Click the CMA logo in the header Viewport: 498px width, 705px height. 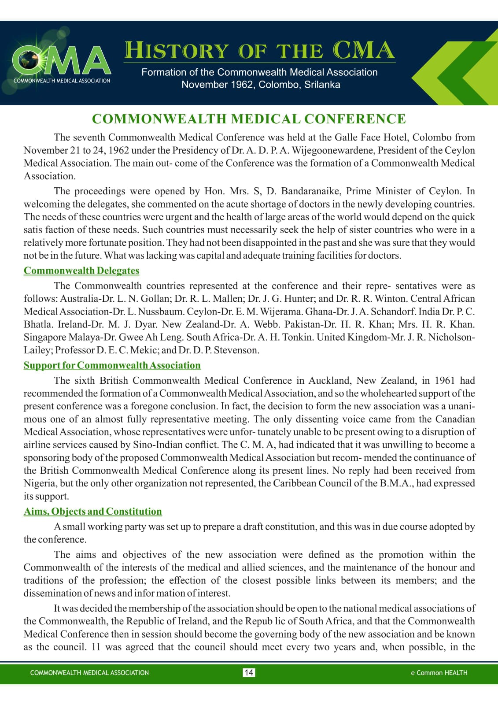pos(62,62)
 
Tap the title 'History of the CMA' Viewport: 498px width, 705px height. pos(259,50)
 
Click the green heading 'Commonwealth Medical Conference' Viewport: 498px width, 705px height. pos(249,119)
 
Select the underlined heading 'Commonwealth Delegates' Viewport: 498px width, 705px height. pos(81,271)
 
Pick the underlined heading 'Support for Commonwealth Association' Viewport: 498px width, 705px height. pos(112,365)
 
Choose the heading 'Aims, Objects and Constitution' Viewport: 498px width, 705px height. pos(93,511)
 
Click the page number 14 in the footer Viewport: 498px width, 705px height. pos(249,672)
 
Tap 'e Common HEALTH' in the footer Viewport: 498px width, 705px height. pos(439,672)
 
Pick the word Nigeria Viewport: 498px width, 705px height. pos(40,483)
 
